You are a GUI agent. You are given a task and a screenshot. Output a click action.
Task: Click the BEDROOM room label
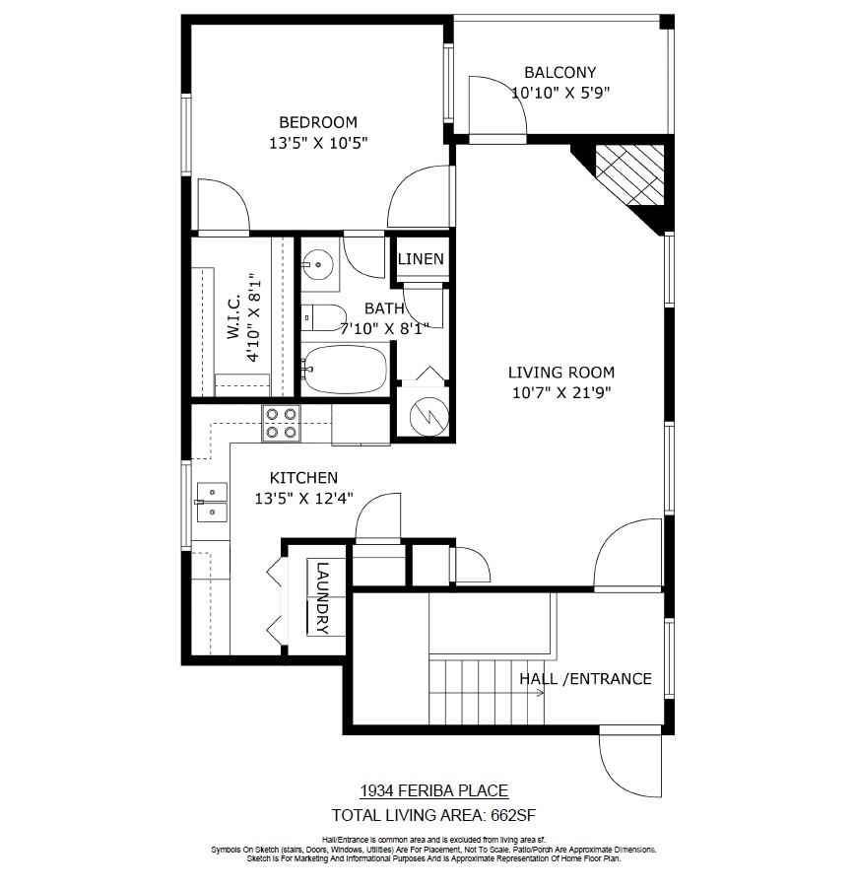point(317,122)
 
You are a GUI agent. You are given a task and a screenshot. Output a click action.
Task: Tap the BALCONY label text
point(559,72)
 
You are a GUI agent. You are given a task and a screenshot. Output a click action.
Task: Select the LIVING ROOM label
point(560,373)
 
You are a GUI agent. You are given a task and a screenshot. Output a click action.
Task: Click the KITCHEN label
point(303,478)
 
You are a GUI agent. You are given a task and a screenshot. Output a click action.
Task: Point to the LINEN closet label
point(421,259)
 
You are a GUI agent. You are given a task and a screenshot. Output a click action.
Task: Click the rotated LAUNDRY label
point(322,597)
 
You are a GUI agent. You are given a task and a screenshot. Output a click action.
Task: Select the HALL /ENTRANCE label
point(585,678)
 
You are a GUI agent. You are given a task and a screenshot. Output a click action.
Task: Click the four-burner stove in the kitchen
point(281,423)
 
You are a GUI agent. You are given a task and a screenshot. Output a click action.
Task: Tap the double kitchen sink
point(210,501)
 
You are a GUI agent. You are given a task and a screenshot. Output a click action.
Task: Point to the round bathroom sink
point(317,264)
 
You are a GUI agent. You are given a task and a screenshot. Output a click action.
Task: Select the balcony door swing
point(497,105)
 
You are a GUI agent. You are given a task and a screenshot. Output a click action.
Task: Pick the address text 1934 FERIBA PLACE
point(433,790)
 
